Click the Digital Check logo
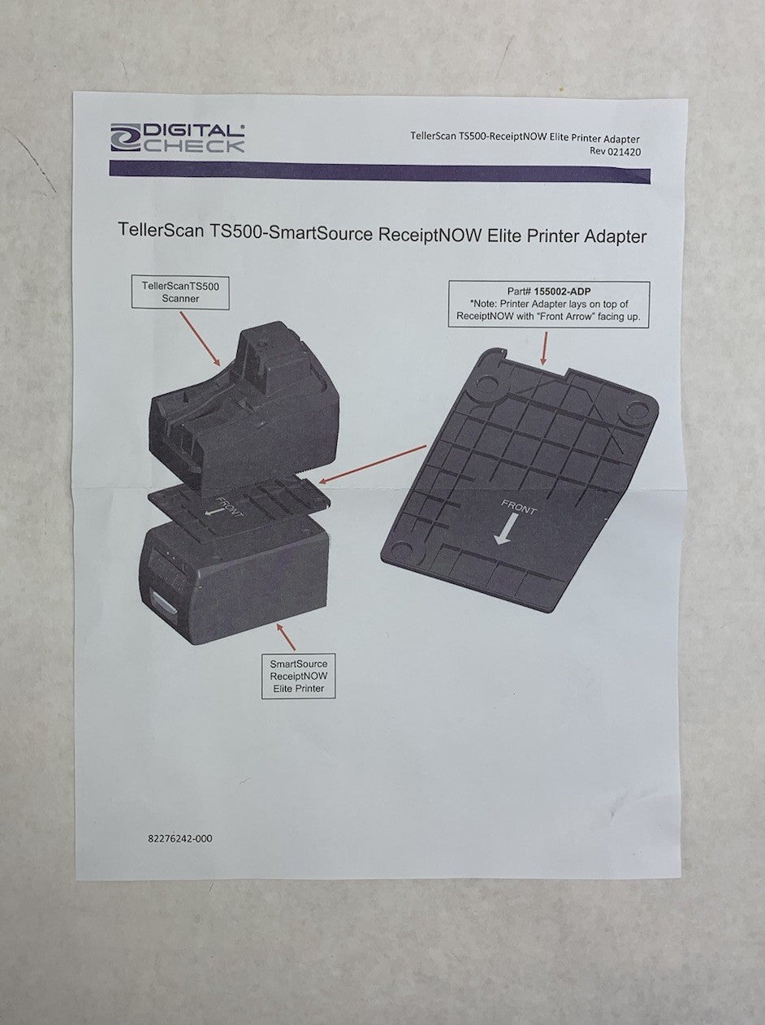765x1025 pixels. pyautogui.click(x=178, y=137)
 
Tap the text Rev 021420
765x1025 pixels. pyautogui.click(x=615, y=151)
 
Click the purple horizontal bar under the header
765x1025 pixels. pyautogui.click(x=379, y=171)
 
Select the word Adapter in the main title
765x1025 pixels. pyautogui.click(x=615, y=236)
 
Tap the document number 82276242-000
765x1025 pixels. pyautogui.click(x=175, y=838)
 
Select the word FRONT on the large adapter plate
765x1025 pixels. pyautogui.click(x=519, y=509)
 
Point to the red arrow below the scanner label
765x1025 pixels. pyautogui.click(x=201, y=338)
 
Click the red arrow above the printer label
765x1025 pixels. pyautogui.click(x=285, y=637)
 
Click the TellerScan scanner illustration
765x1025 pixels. pyautogui.click(x=244, y=406)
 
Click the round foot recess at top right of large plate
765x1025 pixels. pyautogui.click(x=637, y=410)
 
